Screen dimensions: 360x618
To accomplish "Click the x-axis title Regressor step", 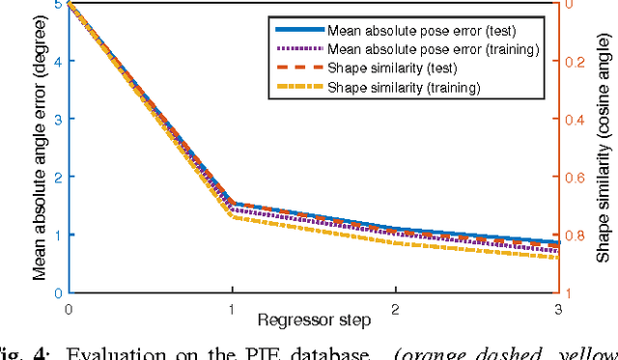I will (x=311, y=318).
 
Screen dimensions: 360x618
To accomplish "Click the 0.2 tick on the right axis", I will (x=576, y=62).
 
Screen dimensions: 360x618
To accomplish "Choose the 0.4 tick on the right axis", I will (x=576, y=120).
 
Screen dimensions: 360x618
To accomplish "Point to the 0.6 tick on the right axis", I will (x=576, y=178).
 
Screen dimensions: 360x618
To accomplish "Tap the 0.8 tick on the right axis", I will (x=576, y=235).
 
